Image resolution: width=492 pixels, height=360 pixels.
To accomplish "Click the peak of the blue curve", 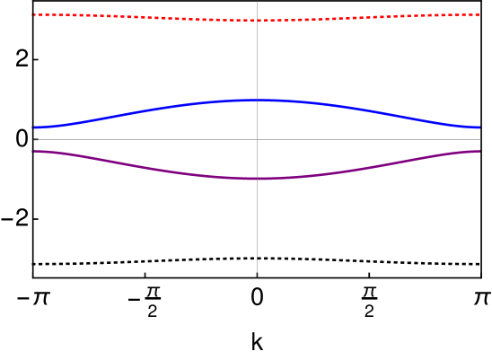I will pos(257,100).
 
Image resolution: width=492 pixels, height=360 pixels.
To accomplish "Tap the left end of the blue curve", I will pos(35,127).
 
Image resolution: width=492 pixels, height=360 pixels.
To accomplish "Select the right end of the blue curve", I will pos(479,127).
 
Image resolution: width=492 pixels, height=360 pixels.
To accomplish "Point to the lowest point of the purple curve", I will pos(257,179).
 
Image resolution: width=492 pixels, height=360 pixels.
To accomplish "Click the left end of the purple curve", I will pos(34,151).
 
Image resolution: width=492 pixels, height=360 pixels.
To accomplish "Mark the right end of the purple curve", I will pos(479,151).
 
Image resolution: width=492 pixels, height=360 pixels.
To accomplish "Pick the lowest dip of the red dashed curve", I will pos(257,20).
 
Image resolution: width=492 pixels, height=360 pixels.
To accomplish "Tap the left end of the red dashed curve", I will pos(34,14).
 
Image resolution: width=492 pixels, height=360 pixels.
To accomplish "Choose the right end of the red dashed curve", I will pos(479,14).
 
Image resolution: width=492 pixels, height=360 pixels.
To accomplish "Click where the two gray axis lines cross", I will pos(257,139).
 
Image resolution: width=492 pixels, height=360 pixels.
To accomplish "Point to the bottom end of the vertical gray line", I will pos(257,277).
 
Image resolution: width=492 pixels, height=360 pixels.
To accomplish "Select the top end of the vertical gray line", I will pos(257,2).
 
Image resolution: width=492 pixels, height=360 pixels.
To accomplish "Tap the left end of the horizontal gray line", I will pos(34,139).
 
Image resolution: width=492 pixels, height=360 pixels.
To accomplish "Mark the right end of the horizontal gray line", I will pos(480,139).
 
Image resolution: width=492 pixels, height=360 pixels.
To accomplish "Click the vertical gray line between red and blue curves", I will pos(257,59).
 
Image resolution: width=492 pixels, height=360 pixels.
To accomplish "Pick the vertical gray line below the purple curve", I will pos(257,224).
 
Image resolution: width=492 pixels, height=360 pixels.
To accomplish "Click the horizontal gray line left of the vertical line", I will pos(144,139).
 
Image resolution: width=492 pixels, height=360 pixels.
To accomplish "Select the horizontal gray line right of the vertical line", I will pos(368,139).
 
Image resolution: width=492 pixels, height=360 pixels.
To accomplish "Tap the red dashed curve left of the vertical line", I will pos(144,16).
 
